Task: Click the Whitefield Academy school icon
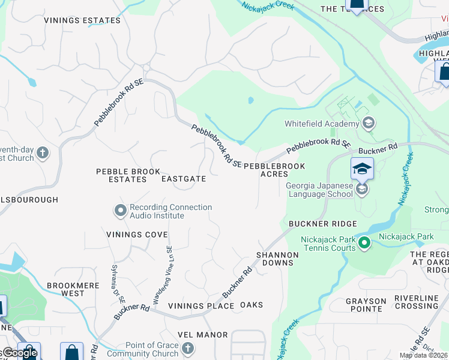pos(369,124)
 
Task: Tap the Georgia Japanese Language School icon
pos(362,190)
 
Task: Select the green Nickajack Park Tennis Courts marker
pos(364,244)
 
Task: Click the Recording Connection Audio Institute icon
pos(121,211)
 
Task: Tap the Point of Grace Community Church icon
pos(188,349)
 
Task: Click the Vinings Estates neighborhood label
pos(82,20)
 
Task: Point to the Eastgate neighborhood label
pos(184,179)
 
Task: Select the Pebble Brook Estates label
pos(120,175)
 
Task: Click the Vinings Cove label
pos(137,234)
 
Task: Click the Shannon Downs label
pos(277,259)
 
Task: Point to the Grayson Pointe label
pos(366,305)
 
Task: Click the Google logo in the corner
pos(19,353)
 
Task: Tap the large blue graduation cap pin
pos(362,169)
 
